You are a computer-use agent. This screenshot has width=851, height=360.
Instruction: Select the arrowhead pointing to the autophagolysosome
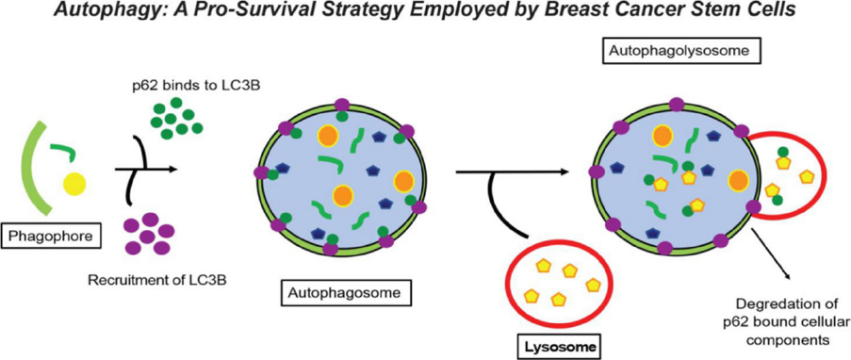[567, 172]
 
